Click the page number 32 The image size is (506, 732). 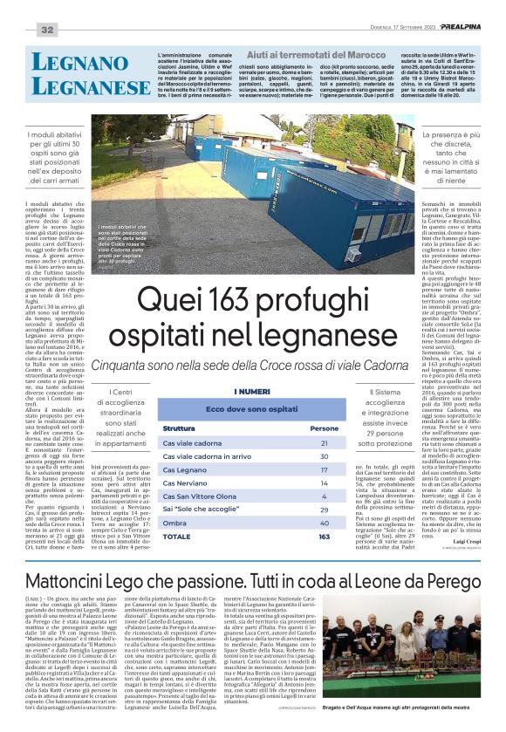pyautogui.click(x=46, y=31)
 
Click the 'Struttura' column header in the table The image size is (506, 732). pyautogui.click(x=178, y=428)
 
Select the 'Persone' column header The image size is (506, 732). pyautogui.click(x=325, y=428)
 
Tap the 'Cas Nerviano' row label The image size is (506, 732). pyautogui.click(x=185, y=482)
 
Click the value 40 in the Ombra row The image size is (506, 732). pyautogui.click(x=325, y=523)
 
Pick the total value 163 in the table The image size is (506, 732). pyautogui.click(x=325, y=536)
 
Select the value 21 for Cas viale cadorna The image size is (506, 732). pyautogui.click(x=325, y=443)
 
